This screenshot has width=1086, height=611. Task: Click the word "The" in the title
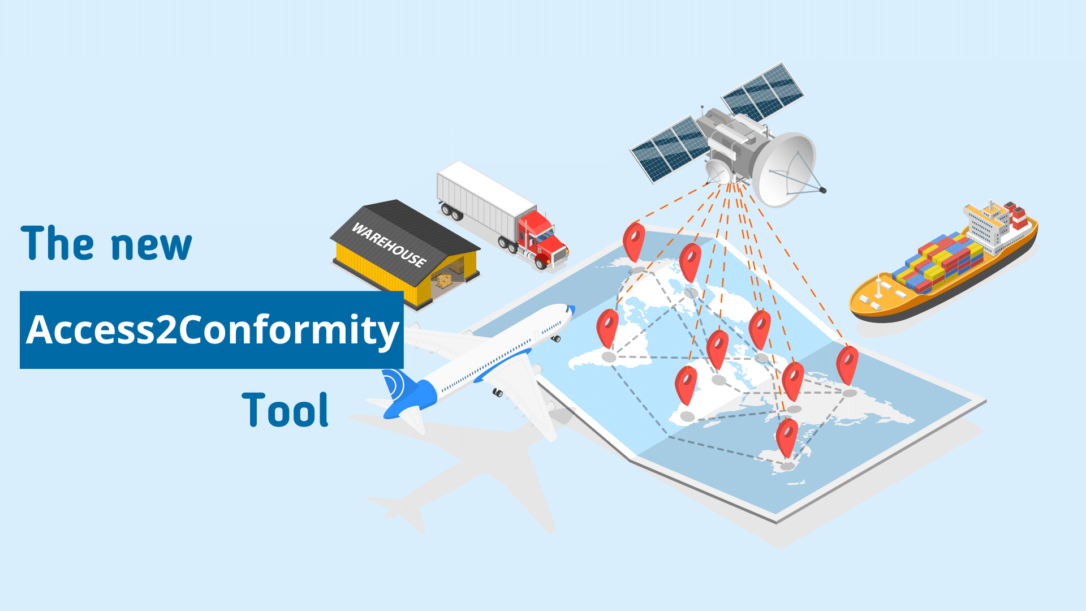[57, 243]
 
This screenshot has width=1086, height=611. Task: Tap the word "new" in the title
[152, 246]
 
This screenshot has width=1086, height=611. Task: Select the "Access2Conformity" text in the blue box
[212, 330]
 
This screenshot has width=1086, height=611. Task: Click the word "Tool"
[285, 410]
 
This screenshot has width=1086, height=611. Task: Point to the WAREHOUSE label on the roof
[389, 244]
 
